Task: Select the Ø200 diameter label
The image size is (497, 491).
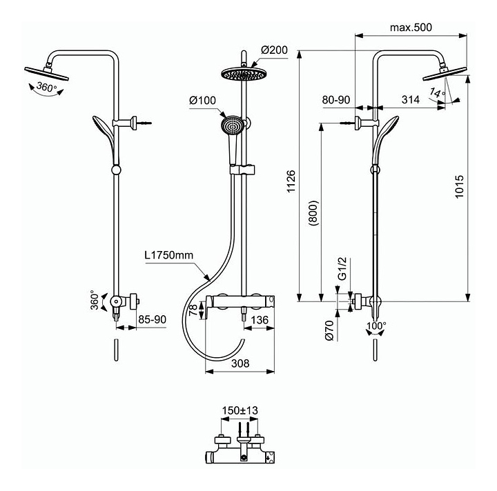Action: [x=275, y=50]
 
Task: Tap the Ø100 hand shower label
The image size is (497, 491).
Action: [x=202, y=101]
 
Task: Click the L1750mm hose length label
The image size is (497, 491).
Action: [x=170, y=255]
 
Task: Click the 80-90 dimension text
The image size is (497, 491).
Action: [x=336, y=100]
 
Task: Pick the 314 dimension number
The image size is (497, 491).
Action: [x=410, y=100]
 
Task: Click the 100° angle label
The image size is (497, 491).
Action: [x=376, y=325]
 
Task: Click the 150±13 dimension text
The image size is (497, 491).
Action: [x=239, y=410]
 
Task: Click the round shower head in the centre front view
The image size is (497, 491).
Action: [x=243, y=72]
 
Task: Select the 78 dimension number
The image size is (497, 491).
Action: [x=193, y=311]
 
